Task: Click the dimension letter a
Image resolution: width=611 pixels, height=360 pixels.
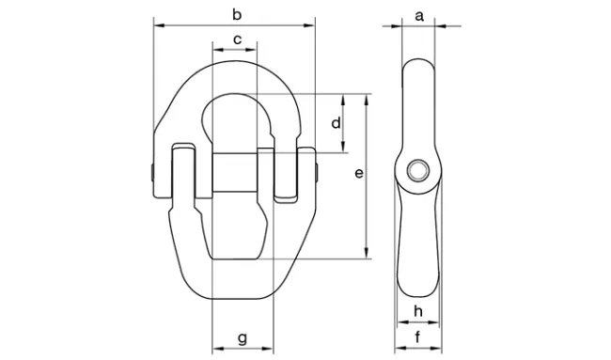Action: (x=419, y=16)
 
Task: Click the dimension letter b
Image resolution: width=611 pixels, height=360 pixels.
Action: (x=237, y=15)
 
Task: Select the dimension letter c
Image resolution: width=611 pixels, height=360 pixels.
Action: (x=237, y=39)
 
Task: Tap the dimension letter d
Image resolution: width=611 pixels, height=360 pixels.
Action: (x=336, y=123)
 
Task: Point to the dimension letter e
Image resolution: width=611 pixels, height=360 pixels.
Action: (x=359, y=173)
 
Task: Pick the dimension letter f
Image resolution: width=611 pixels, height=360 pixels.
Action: (x=417, y=337)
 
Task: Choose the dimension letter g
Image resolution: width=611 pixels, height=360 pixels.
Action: (x=243, y=338)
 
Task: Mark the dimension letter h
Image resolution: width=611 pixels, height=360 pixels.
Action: (x=418, y=311)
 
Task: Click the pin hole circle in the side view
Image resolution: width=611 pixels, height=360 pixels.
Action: (x=418, y=171)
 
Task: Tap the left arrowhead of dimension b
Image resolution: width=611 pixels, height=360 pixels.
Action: (x=159, y=25)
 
